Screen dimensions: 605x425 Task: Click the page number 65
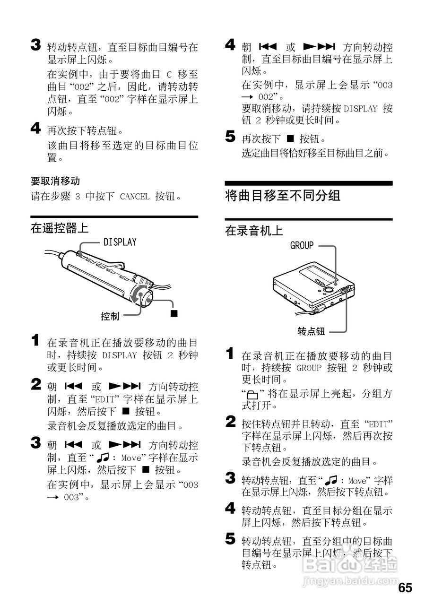405,588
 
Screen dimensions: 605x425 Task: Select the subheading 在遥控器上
60,229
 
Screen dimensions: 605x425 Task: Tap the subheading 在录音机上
254,231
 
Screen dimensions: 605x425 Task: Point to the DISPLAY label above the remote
120,242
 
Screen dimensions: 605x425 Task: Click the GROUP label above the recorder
302,245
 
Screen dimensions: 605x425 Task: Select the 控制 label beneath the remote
110,317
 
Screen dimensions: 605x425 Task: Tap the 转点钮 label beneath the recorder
311,331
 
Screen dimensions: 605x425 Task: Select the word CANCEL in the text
135,196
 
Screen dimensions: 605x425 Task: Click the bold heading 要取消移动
55,181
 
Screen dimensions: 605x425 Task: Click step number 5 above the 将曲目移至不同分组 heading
230,138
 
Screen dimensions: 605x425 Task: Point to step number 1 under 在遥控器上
36,340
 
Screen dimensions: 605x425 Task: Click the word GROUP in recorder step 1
309,368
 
